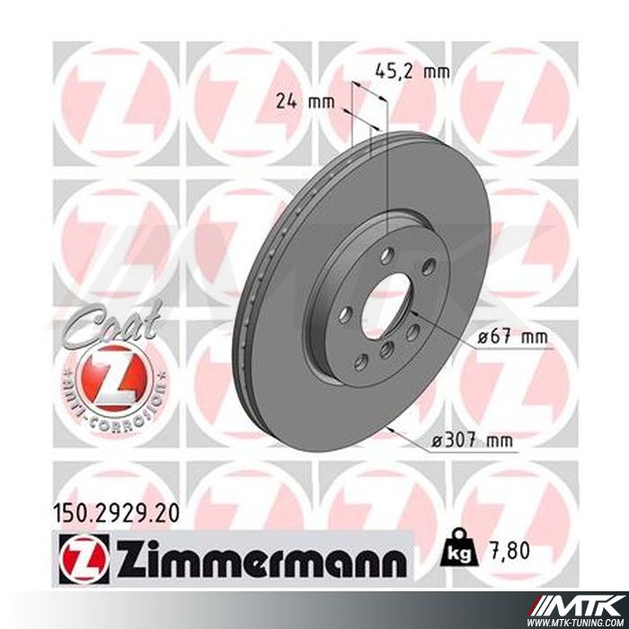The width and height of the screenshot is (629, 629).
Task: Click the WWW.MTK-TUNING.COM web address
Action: [x=585, y=619]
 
